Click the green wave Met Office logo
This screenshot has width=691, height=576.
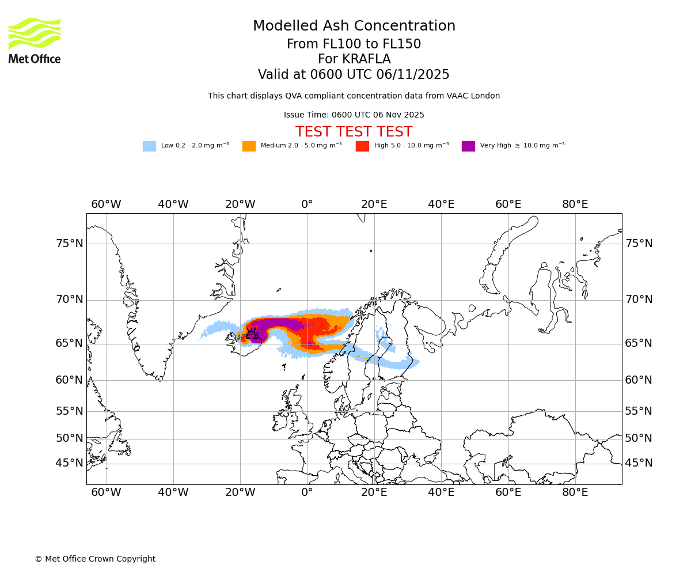coord(35,34)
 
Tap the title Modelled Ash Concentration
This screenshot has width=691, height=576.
coord(354,26)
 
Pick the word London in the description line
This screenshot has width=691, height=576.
coord(485,96)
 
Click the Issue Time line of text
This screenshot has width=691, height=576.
coord(354,115)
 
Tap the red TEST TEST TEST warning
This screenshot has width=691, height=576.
coord(354,132)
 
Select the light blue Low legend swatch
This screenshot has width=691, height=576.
coord(149,146)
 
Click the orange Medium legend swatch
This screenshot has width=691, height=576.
coord(249,146)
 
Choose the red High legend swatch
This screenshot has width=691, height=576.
coord(362,146)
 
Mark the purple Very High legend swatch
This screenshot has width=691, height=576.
coord(468,146)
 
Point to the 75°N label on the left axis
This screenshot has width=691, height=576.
coord(70,244)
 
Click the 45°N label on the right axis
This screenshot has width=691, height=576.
coord(639,463)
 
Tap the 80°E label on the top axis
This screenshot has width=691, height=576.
coord(575,204)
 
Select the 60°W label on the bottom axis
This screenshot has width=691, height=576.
coord(106,492)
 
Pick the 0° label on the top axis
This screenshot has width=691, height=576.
coord(307,204)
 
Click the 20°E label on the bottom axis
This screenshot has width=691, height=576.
coord(374,492)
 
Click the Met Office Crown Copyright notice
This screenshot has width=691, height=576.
coord(95,559)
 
